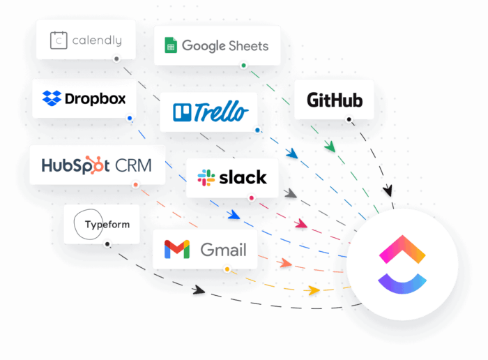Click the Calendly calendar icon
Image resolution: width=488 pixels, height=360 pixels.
[x=59, y=40]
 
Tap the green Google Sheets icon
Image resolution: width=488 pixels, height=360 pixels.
[x=169, y=46]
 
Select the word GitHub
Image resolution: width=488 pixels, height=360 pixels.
[x=335, y=100]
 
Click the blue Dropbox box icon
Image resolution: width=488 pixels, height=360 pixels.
[x=52, y=98]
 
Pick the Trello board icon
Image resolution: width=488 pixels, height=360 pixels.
[x=182, y=112]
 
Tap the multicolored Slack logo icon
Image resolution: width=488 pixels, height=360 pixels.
[x=206, y=177]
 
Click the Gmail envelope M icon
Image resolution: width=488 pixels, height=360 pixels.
[x=177, y=249]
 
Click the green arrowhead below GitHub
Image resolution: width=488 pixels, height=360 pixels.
[x=330, y=147]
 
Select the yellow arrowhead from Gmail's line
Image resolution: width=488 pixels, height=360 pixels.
[x=314, y=289]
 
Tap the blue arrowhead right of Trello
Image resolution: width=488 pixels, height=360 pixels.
[x=292, y=153]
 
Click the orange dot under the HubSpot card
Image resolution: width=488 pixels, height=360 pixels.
[x=135, y=185]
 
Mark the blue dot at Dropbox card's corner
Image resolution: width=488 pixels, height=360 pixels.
[x=130, y=119]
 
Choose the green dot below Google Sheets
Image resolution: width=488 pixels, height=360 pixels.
[x=243, y=66]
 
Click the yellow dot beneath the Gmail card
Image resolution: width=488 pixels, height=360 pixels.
[x=227, y=269]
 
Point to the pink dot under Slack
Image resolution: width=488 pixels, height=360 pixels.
[x=252, y=198]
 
